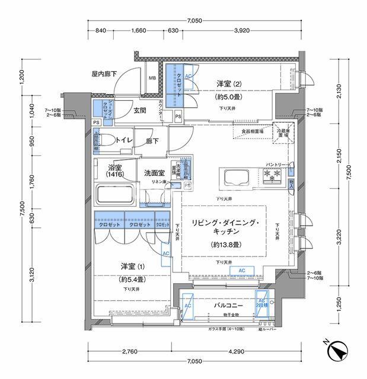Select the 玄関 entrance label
[140, 110]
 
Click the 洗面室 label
[154, 173]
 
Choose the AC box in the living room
[242, 270]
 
